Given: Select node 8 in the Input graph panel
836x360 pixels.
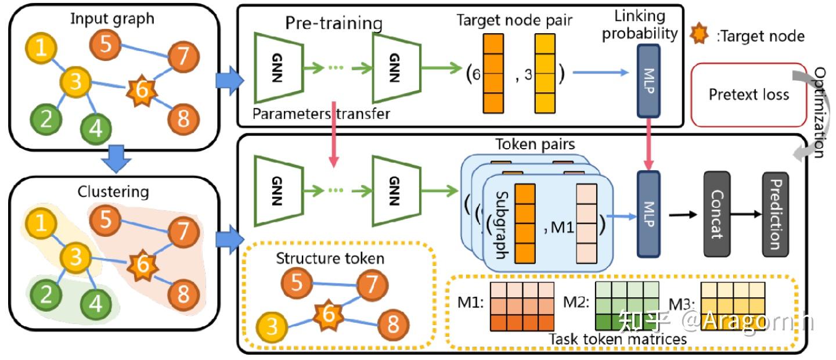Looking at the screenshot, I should pos(183,120).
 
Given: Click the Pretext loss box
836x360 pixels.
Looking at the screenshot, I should pos(748,95).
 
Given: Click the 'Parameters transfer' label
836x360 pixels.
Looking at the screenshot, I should pos(321,114).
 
